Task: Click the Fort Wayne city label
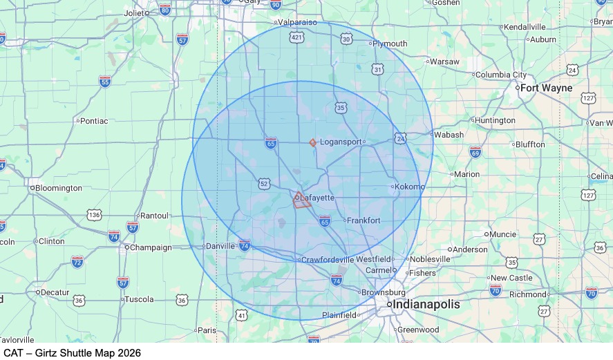coord(546,88)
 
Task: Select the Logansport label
coord(341,142)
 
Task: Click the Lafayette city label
coord(317,198)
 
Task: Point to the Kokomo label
coord(411,187)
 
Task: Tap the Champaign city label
coord(151,247)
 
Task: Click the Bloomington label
coord(59,188)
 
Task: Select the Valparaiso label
coord(296,22)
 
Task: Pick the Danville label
coord(221,245)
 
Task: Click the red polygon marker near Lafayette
coord(301,201)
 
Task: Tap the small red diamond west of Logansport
coord(313,142)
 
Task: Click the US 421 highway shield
coord(296,37)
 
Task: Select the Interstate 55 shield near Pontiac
coord(104,82)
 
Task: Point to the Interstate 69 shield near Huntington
coord(475,151)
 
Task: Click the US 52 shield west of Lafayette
coord(264,183)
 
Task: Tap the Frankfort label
coord(364,220)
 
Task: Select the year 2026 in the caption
coord(129,353)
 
